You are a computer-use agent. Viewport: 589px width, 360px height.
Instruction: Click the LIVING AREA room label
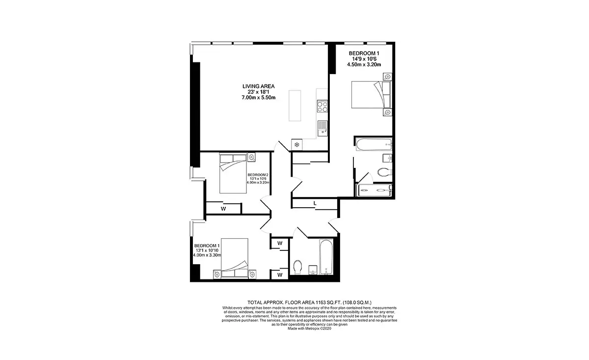coord(259,86)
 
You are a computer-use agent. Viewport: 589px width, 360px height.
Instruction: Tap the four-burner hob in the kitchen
coord(322,106)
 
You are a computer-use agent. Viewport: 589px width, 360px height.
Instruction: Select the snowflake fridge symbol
coord(296,144)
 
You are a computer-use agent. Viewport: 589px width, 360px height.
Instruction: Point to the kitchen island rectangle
coord(295,106)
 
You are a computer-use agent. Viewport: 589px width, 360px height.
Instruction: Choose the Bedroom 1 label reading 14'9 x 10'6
coord(364,59)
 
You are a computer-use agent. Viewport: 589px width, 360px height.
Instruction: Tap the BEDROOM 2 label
coord(258,175)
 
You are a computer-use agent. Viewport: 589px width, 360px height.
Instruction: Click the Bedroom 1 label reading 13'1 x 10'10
coord(207,250)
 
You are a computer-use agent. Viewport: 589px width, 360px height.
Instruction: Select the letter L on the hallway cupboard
coord(315,203)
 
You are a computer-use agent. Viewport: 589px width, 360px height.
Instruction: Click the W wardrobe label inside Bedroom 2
coord(223,209)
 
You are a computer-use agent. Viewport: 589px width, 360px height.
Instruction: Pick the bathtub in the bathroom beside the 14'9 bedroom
coord(374,144)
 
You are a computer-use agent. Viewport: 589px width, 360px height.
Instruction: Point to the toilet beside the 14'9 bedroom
coord(385,172)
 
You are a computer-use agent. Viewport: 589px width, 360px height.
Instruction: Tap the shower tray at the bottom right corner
coord(374,190)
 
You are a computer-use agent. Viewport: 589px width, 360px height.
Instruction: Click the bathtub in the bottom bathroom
coord(326,257)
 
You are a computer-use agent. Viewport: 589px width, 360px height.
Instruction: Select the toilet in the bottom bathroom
coord(297,267)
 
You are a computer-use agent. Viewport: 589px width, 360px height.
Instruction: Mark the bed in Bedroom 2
coord(233,174)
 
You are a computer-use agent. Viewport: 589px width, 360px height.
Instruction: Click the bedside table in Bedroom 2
coord(251,157)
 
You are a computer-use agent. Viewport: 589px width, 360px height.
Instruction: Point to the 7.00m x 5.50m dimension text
coord(259,98)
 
